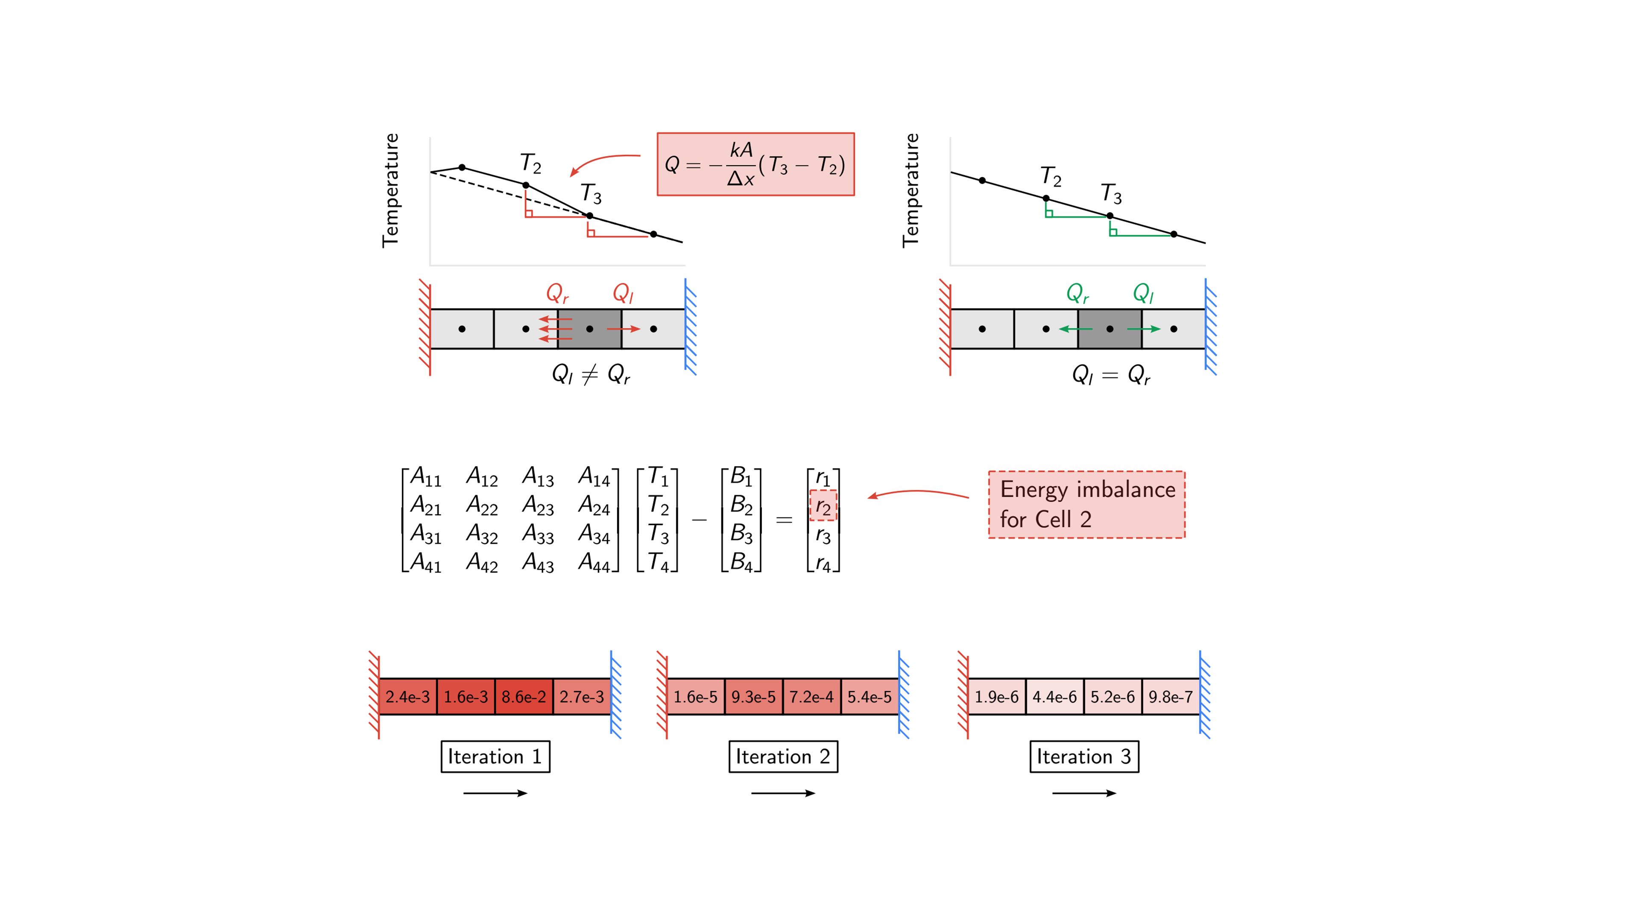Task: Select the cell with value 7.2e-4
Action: pyautogui.click(x=811, y=697)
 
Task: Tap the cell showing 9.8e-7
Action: pyautogui.click(x=1170, y=697)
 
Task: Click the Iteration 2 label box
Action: pyautogui.click(x=783, y=756)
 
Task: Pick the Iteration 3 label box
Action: pyautogui.click(x=1084, y=756)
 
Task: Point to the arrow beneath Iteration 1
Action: pyautogui.click(x=495, y=793)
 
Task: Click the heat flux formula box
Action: pyautogui.click(x=755, y=164)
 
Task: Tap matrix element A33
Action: pyautogui.click(x=538, y=534)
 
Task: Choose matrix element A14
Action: pyautogui.click(x=594, y=477)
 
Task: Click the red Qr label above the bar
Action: pyautogui.click(x=557, y=293)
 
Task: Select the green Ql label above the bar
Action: pyautogui.click(x=1143, y=293)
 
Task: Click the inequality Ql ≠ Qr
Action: pyautogui.click(x=591, y=375)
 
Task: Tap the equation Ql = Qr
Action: pyautogui.click(x=1111, y=375)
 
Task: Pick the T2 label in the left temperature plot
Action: pyautogui.click(x=530, y=163)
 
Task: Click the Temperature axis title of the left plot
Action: pyautogui.click(x=390, y=190)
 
